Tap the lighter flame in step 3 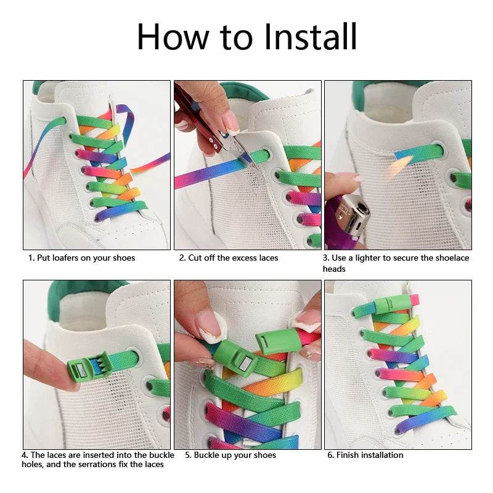coord(401,165)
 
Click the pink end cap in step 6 coord(414,300)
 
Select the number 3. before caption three coord(327,258)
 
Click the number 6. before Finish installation coord(331,455)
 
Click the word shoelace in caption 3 coord(436,258)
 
